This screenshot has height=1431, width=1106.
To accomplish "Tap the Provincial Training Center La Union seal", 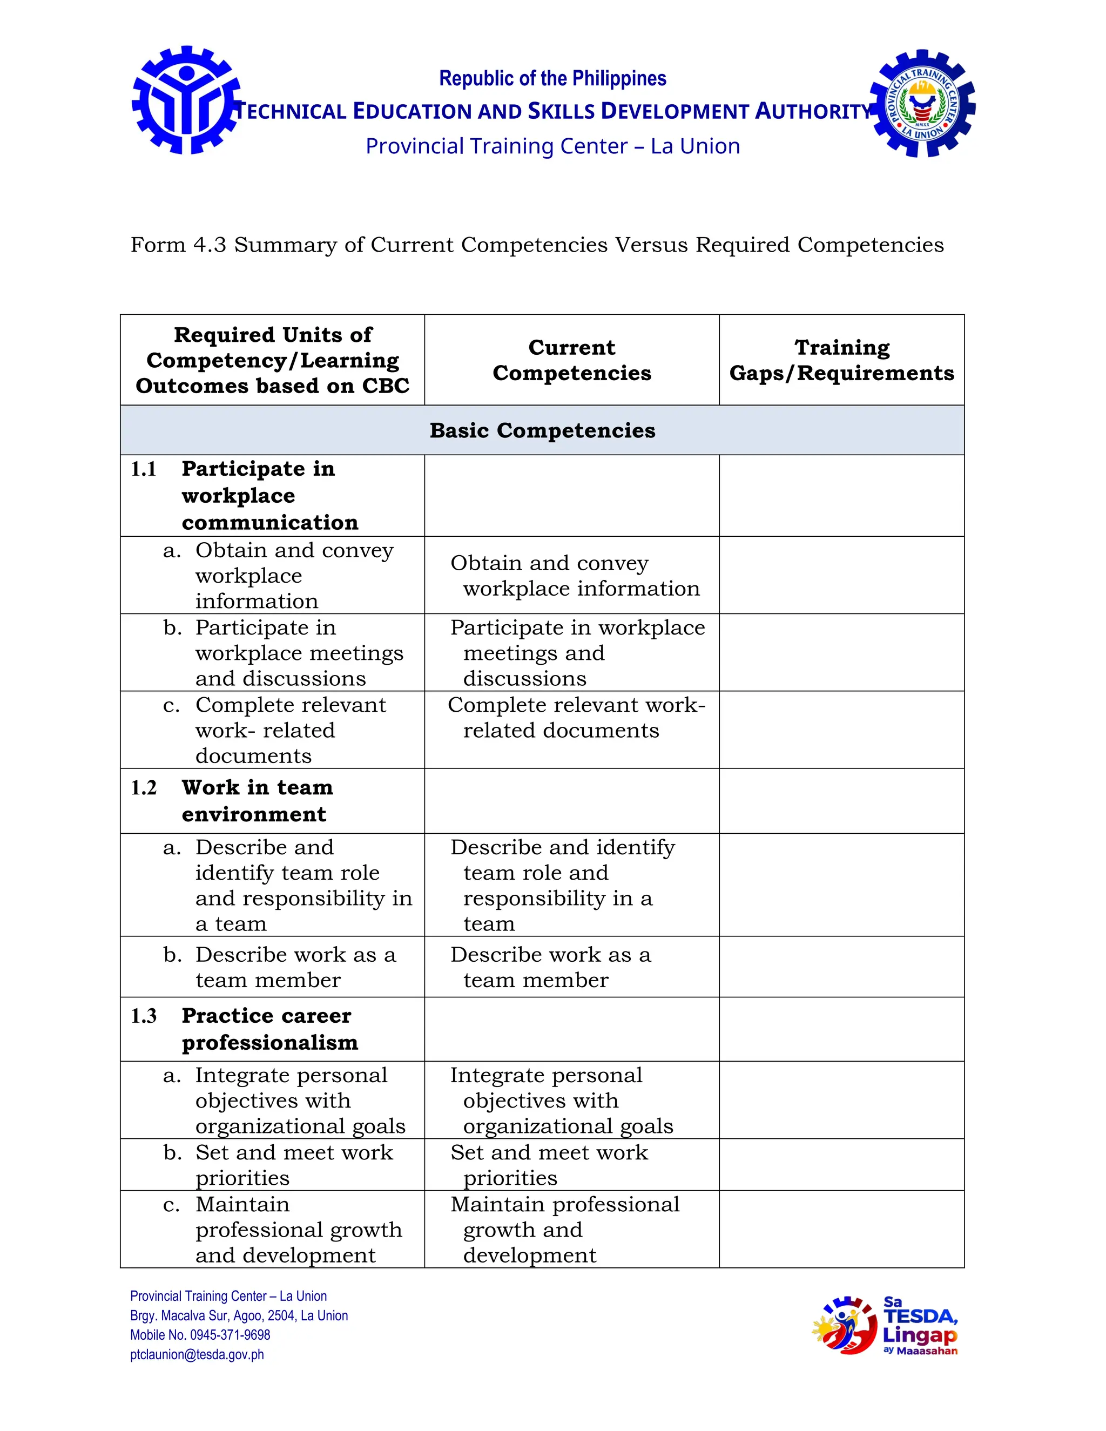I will click(x=922, y=104).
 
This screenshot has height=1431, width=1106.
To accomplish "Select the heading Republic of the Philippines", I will click(x=552, y=79).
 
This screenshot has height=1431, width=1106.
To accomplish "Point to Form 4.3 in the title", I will click(x=178, y=245).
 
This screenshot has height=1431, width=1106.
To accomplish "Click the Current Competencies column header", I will click(x=571, y=360).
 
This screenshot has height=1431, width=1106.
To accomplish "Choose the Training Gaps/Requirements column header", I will click(x=841, y=360).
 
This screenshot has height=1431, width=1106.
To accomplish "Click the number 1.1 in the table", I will click(x=144, y=469).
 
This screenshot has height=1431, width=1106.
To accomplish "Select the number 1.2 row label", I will click(x=144, y=787).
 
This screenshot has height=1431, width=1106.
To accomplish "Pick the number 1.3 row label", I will click(x=144, y=1016).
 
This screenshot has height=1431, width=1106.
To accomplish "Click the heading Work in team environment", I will click(x=257, y=801).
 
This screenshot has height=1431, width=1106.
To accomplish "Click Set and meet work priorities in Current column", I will click(x=549, y=1165).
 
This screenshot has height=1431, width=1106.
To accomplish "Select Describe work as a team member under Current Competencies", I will click(x=550, y=967).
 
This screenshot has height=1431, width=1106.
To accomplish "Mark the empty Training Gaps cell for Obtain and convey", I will click(x=841, y=575).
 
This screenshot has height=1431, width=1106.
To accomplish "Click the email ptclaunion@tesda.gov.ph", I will click(x=197, y=1354).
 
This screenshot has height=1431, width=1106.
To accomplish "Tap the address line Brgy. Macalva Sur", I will click(x=239, y=1315).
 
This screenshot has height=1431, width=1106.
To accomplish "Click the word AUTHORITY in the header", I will click(x=812, y=111).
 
